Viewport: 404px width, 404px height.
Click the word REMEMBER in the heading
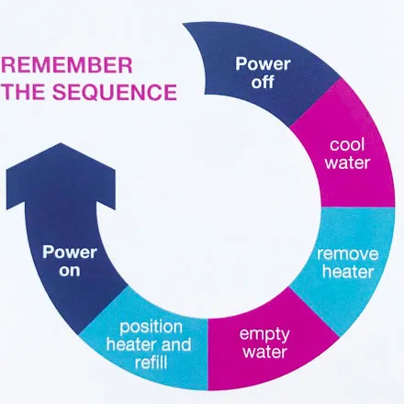(66, 65)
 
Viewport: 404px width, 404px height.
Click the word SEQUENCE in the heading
(115, 92)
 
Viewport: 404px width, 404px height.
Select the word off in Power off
(263, 82)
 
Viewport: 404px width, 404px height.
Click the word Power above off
(263, 64)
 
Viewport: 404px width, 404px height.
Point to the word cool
(347, 144)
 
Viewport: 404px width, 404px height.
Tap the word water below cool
(347, 163)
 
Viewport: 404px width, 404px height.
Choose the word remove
(347, 254)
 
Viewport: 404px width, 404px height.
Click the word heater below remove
(348, 272)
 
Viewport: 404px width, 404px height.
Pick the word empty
(264, 334)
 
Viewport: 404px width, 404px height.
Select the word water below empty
(264, 352)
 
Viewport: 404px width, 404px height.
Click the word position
(151, 328)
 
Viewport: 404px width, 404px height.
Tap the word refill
(151, 363)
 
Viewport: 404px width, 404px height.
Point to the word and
(176, 344)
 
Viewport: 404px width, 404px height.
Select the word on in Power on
(70, 271)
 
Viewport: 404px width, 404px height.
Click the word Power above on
(70, 252)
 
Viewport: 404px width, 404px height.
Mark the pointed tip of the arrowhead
(61, 143)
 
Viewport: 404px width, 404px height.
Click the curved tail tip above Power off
(184, 24)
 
